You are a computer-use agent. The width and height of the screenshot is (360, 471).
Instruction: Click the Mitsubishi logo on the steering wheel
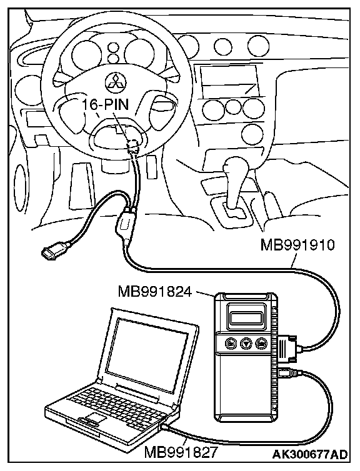tap(116, 81)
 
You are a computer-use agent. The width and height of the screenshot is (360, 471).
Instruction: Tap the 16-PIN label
tap(105, 104)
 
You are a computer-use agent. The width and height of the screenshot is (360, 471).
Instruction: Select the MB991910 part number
tap(297, 244)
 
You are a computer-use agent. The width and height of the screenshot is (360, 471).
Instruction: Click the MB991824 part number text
tap(155, 290)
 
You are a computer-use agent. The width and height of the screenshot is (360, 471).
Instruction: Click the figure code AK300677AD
tap(310, 454)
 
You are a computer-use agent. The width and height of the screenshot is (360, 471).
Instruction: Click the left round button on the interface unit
tap(231, 343)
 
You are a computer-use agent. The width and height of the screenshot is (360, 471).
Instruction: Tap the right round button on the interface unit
tap(261, 343)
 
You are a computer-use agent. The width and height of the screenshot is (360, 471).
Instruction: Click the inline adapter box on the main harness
tap(125, 223)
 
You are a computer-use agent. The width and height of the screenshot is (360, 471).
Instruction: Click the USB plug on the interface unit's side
tap(286, 373)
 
